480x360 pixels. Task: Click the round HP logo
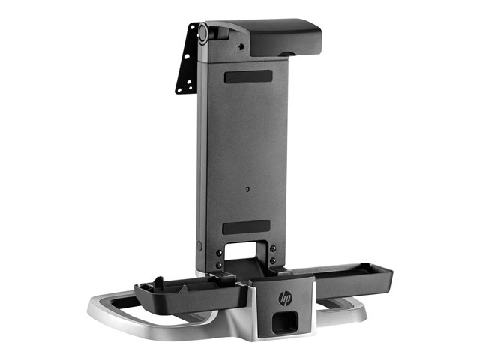pyautogui.click(x=285, y=298)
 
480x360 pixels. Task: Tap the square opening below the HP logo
pyautogui.click(x=285, y=322)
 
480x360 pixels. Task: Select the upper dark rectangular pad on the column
pyautogui.click(x=248, y=76)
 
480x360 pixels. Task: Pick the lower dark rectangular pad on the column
pyautogui.click(x=247, y=226)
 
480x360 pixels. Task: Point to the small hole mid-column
pyautogui.click(x=247, y=189)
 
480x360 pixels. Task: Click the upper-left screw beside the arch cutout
pyautogui.click(x=219, y=253)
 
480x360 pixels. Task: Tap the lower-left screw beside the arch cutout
pyautogui.click(x=219, y=265)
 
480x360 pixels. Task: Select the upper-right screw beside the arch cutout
pyautogui.click(x=273, y=248)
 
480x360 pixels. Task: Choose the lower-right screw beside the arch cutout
pyautogui.click(x=273, y=260)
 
